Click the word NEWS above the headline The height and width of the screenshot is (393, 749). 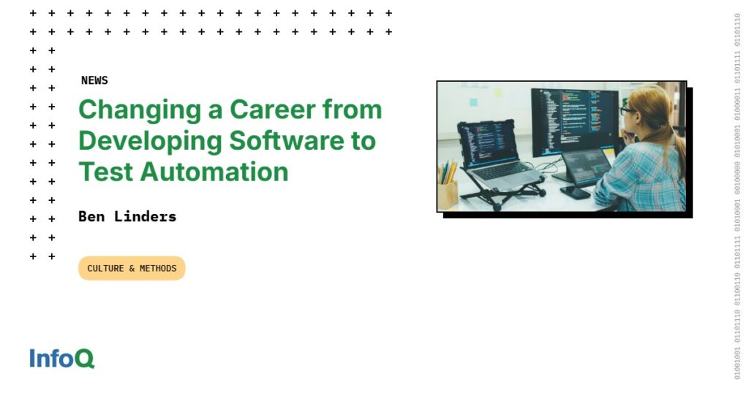tap(94, 80)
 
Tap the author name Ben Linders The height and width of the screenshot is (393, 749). tap(127, 216)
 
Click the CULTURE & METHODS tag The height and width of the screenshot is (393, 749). tap(132, 268)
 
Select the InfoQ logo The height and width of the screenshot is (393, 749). tap(61, 359)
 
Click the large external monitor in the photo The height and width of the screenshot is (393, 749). tap(573, 121)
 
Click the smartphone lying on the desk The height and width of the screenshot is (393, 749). tap(575, 192)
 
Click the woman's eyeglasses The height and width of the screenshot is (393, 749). tap(628, 111)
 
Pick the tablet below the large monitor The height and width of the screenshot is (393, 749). tap(585, 167)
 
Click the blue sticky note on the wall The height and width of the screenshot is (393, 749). tap(473, 102)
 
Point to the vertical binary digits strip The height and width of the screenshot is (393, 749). tap(737, 196)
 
